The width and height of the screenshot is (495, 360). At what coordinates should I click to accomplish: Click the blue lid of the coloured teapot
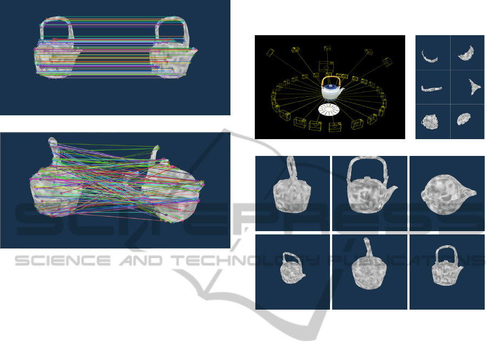pos(331,87)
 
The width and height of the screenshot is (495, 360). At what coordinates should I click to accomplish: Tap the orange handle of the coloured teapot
pos(331,77)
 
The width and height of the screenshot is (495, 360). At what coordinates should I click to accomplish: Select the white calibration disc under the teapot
pos(328,109)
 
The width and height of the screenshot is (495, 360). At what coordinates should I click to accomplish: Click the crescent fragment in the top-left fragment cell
pos(430,57)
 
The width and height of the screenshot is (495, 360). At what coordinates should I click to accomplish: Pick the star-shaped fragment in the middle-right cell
pos(474,87)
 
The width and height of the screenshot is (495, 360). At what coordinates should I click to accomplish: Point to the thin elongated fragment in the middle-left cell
pos(431,89)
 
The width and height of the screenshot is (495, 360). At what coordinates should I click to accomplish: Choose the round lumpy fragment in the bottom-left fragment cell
pos(430,122)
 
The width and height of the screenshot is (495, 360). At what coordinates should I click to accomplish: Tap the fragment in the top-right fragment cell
pos(466,53)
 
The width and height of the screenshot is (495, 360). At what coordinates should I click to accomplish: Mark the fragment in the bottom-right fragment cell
pos(464,119)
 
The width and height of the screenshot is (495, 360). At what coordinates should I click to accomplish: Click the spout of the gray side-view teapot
pos(392,191)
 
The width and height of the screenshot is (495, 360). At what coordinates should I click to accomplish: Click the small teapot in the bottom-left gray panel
pos(292,268)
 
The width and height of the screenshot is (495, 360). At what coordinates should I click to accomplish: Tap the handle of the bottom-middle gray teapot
pos(368,247)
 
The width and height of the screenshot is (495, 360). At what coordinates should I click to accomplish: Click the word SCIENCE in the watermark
pos(63,261)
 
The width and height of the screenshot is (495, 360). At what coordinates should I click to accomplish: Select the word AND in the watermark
pos(141,261)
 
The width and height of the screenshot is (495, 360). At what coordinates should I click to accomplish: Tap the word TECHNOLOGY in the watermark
pos(246,261)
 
